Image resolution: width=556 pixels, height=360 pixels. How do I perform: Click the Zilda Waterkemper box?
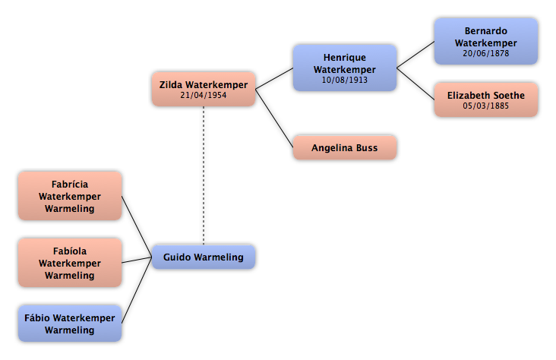coord(204,89)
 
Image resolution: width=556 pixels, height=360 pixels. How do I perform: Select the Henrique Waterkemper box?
coord(345,68)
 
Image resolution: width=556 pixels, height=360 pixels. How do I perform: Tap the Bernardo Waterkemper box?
coord(486,42)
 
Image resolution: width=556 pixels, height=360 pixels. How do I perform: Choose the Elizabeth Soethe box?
coord(486,99)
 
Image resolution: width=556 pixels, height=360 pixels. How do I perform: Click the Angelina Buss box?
coord(345,147)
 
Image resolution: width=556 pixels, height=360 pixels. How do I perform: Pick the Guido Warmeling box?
coord(204,257)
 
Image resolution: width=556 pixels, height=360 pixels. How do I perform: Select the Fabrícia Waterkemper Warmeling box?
coord(70,196)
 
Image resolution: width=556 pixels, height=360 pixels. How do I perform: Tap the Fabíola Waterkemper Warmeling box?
coord(70,263)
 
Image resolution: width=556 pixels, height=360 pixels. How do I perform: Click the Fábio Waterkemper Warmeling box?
coord(70,324)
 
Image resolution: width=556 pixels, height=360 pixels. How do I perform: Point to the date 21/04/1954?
coord(203,95)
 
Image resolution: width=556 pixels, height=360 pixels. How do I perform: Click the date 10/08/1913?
coord(345,80)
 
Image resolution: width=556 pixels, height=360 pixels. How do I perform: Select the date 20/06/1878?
coord(486,53)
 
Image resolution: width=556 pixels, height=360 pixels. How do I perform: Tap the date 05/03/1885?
coord(486,106)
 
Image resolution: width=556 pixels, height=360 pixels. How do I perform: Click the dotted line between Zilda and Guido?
coord(204,175)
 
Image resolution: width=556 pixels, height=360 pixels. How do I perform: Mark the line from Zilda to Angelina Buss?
coord(274,118)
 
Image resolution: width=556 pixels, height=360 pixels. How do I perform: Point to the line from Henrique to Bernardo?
coord(415,55)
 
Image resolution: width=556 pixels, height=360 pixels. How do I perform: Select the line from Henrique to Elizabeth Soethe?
coord(415,84)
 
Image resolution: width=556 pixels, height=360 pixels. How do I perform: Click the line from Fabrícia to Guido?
coord(137,226)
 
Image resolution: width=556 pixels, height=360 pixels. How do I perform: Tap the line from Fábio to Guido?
coord(137,290)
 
